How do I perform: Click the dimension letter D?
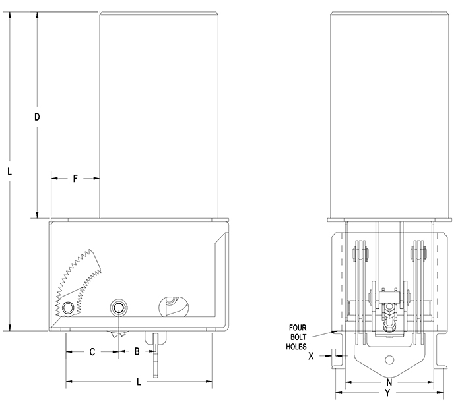(x=38, y=117)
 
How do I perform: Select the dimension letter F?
(x=75, y=178)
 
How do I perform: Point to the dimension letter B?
(x=137, y=351)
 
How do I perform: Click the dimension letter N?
(x=390, y=382)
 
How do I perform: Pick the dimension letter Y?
(x=387, y=393)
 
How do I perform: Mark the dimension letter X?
(x=310, y=356)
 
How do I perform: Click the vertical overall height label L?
(x=9, y=171)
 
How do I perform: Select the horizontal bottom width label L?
(x=138, y=382)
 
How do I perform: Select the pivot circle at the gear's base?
(x=69, y=307)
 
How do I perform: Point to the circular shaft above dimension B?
(x=119, y=307)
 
